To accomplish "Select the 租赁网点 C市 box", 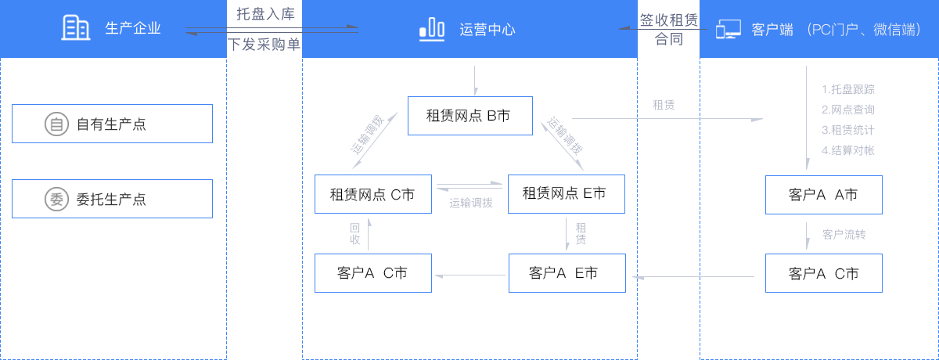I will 372,194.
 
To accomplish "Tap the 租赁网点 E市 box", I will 567,193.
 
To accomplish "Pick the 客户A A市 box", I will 824,194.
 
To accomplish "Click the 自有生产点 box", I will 112,124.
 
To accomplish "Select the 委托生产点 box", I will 112,199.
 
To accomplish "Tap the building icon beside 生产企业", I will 75,29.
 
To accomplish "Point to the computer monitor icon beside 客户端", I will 728,30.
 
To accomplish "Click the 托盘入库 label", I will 264,14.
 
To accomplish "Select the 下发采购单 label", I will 264,44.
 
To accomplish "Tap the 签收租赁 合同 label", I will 668,30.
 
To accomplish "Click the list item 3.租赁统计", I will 847,129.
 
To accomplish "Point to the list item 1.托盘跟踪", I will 847,89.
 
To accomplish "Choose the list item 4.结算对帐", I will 847,149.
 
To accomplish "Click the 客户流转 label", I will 844,234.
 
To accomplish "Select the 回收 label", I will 354,234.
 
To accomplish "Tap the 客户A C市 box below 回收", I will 372,273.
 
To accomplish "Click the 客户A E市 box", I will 567,273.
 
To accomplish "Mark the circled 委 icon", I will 56,199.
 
